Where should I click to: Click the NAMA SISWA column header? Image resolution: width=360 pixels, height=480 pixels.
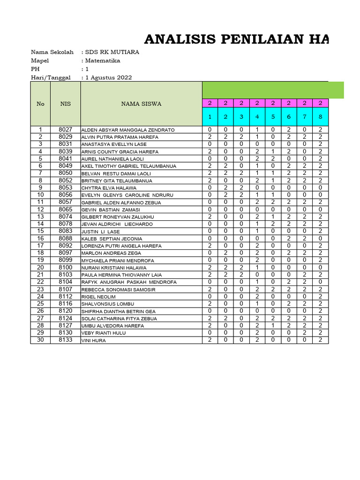pos(141,104)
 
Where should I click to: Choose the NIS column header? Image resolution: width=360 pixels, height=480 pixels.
pos(66,104)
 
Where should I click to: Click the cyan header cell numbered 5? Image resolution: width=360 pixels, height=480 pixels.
pos(273,117)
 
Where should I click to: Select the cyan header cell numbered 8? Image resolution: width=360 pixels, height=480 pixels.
pos(320,117)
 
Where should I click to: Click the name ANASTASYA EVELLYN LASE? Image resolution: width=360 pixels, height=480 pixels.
pos(113,144)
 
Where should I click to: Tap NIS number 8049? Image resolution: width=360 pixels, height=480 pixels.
pos(66,166)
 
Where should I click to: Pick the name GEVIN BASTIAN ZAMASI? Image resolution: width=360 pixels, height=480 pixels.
pos(111,210)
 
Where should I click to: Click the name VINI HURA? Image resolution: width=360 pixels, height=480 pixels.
pos(94,341)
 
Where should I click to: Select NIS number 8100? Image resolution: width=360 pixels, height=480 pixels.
pos(66,267)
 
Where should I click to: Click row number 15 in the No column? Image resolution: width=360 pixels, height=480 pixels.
pos(40,231)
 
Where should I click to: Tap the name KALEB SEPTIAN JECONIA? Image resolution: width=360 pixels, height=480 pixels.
pos(112,239)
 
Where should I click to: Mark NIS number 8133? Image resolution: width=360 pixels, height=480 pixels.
pos(66,340)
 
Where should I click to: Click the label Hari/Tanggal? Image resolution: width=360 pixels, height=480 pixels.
pos(51,77)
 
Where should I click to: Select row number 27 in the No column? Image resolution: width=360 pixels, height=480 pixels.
pos(40,318)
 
